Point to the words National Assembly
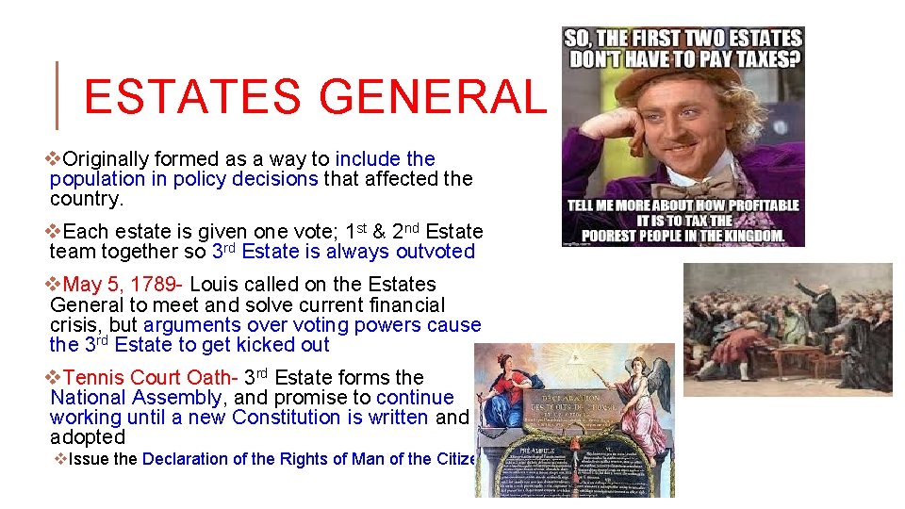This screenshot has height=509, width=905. click(136, 398)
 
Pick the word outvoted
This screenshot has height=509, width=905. click(437, 251)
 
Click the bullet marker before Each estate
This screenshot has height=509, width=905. click(55, 231)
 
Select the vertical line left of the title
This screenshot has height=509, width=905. click(58, 94)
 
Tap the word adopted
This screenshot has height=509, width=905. click(88, 437)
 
